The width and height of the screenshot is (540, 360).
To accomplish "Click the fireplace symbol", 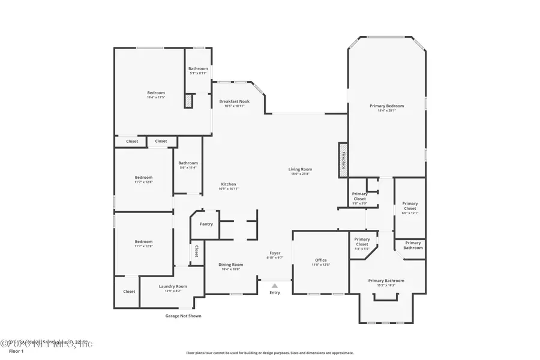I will click(343, 158).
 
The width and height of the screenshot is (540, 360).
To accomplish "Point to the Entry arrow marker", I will click(274, 286).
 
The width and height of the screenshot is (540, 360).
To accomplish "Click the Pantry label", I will click(206, 224).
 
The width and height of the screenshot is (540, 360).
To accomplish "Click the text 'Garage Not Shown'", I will click(183, 316).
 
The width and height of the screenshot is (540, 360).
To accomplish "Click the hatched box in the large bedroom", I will click(188, 101).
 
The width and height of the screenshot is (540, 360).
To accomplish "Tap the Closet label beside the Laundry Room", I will click(129, 292).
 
